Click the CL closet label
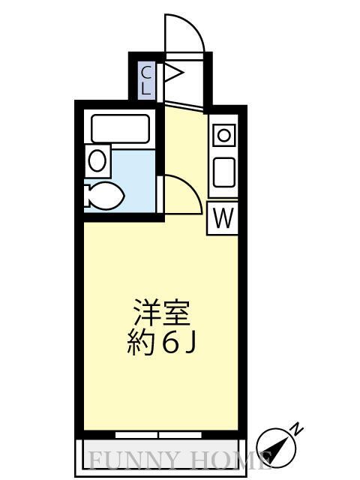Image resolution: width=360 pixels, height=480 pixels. [148, 79]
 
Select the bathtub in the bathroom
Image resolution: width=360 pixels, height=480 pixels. [120, 127]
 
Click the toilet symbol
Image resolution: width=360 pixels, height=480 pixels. [104, 197]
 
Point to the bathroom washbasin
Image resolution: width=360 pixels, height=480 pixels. [97, 160]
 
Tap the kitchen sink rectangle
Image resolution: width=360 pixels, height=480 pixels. [224, 172]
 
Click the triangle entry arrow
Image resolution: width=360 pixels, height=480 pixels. [173, 73]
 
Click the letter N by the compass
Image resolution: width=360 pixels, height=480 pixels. [297, 429]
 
